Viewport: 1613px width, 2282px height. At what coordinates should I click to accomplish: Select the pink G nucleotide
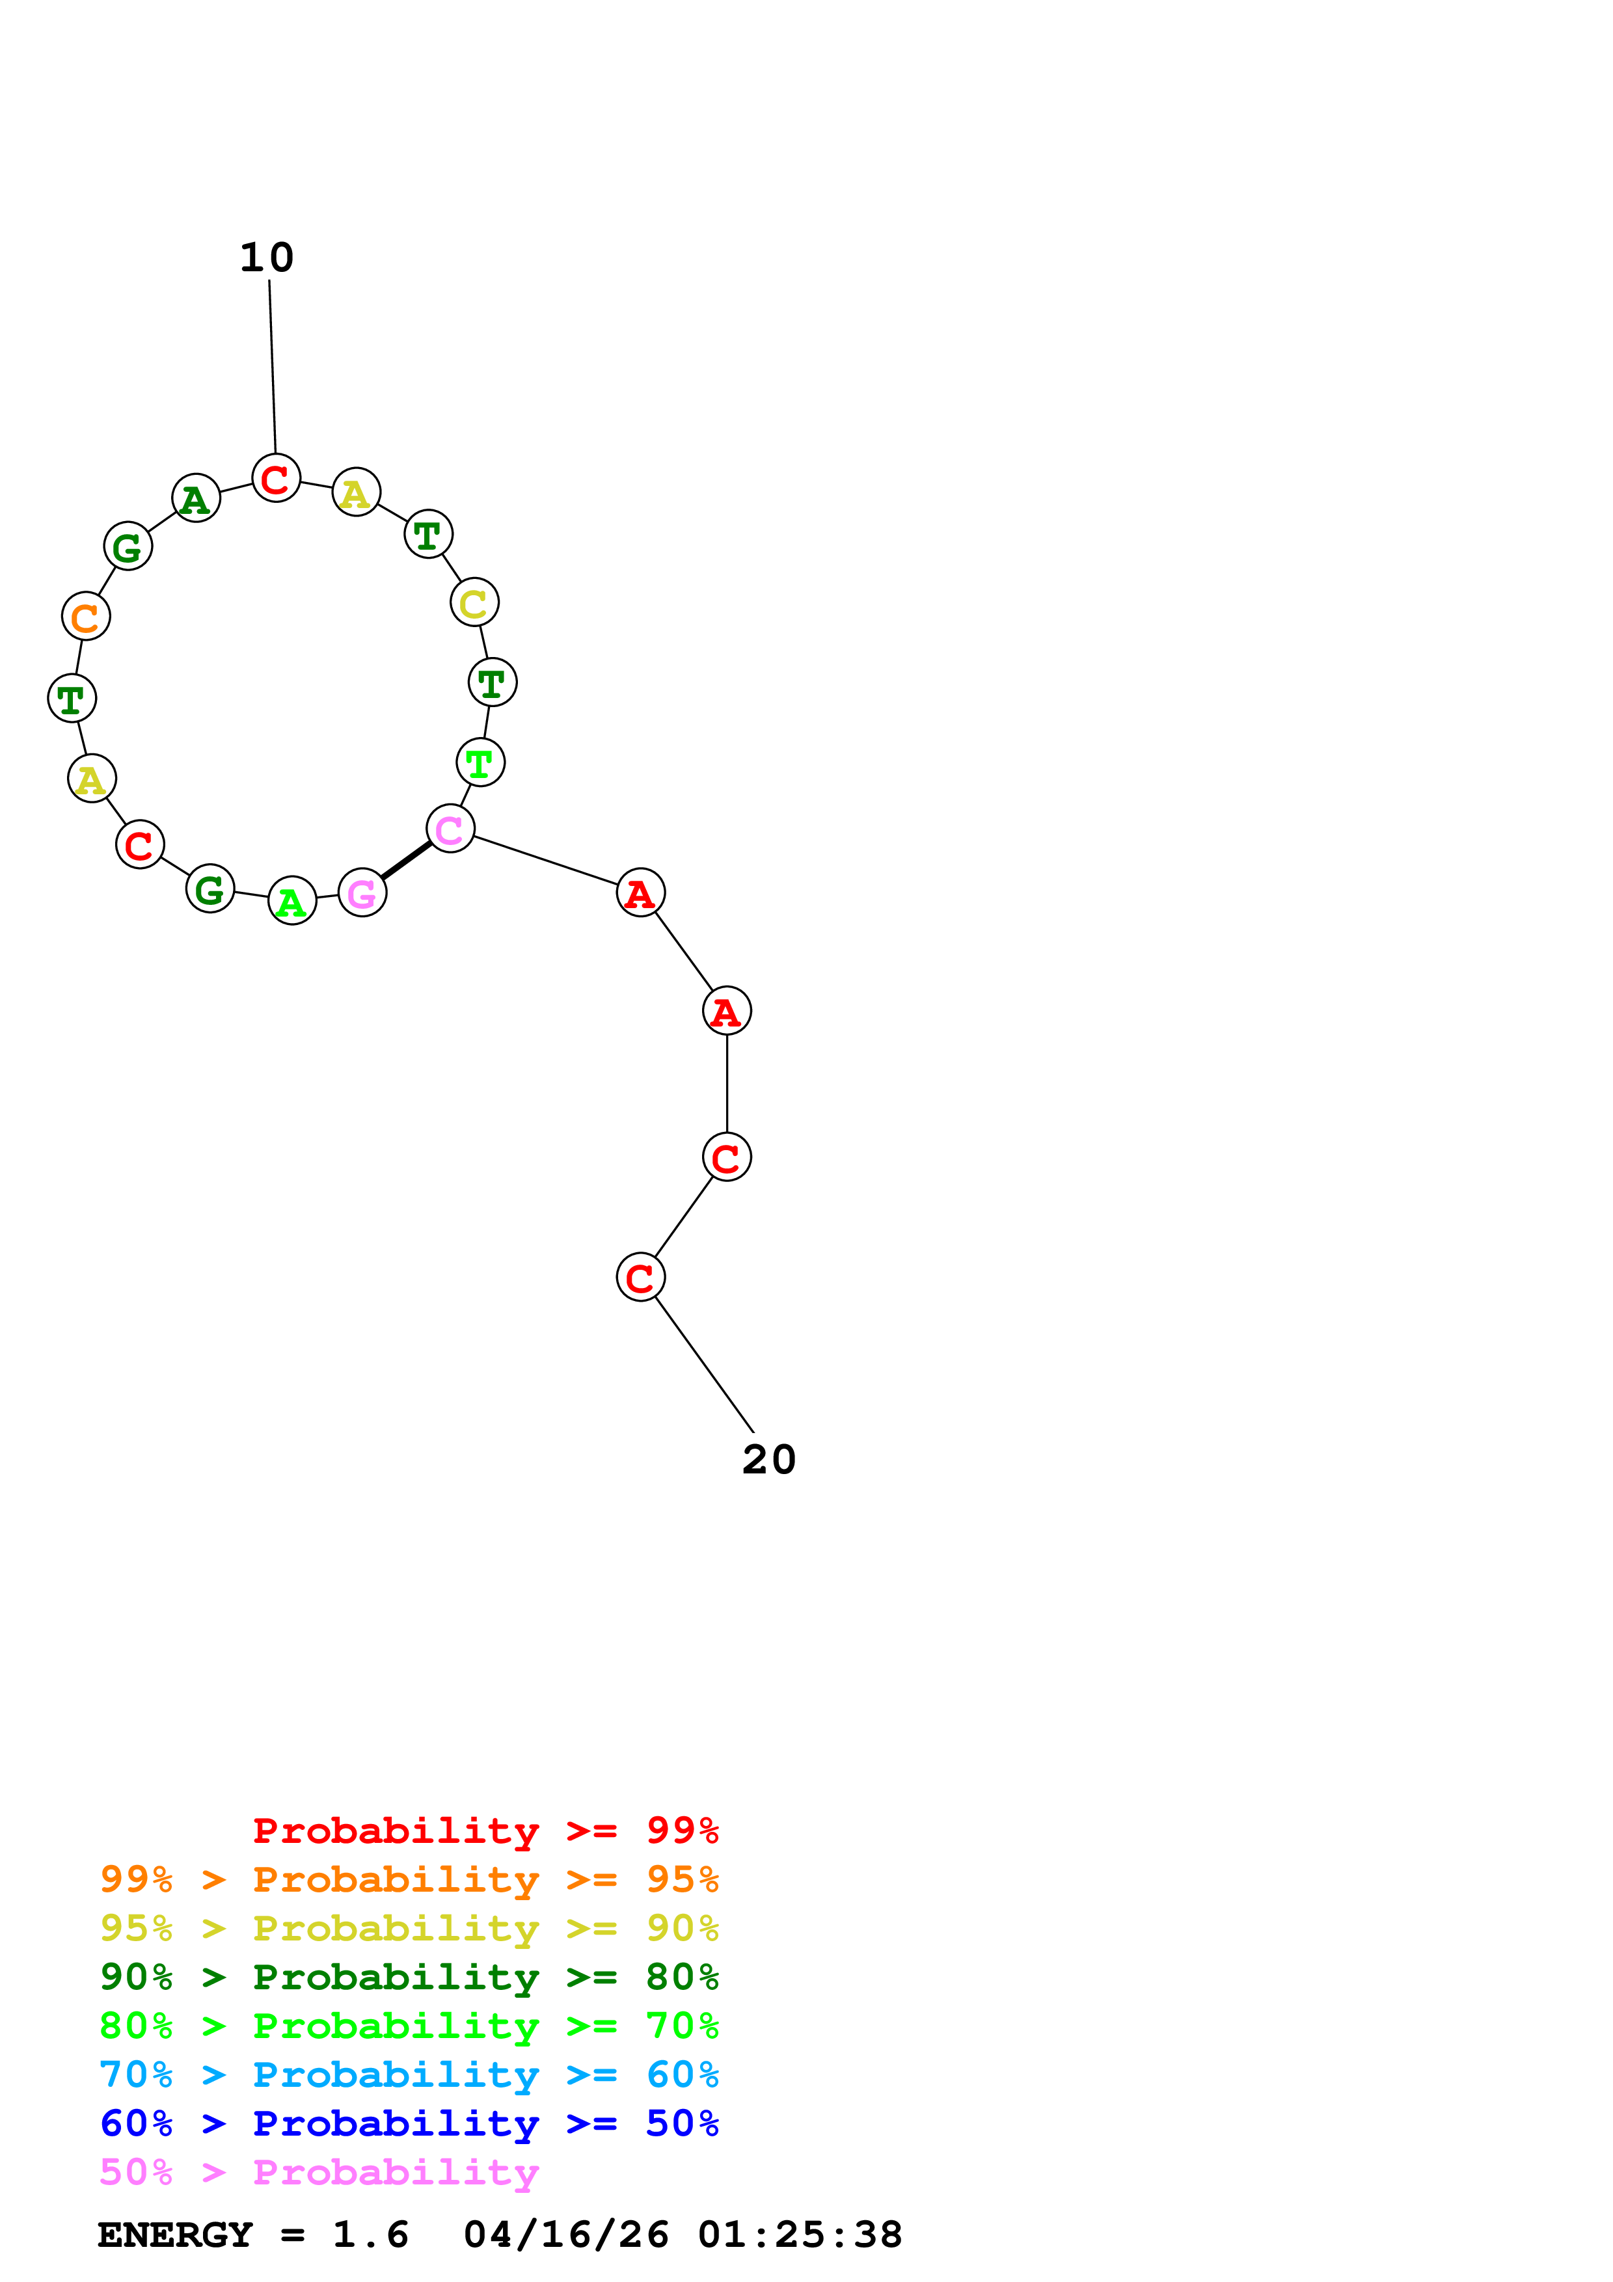click(362, 893)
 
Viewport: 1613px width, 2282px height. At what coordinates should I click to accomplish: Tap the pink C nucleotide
click(450, 828)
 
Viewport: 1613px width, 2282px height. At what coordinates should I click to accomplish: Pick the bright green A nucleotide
click(292, 902)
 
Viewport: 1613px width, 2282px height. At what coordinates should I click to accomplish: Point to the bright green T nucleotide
click(480, 762)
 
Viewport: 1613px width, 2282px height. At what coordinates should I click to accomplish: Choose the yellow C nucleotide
click(474, 602)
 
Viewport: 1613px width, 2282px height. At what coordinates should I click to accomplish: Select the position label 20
click(768, 1460)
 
